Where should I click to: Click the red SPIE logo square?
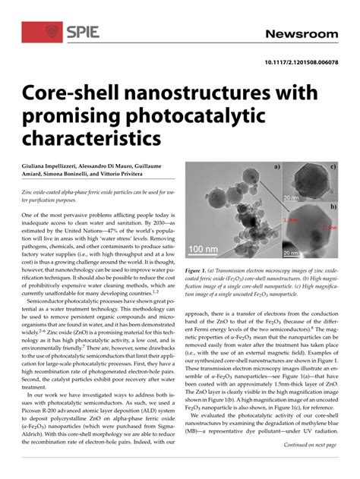(41, 31)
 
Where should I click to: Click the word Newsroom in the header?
(300, 34)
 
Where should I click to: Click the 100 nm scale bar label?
(204, 248)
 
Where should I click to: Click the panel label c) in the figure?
(333, 165)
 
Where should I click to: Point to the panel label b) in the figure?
(333, 206)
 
